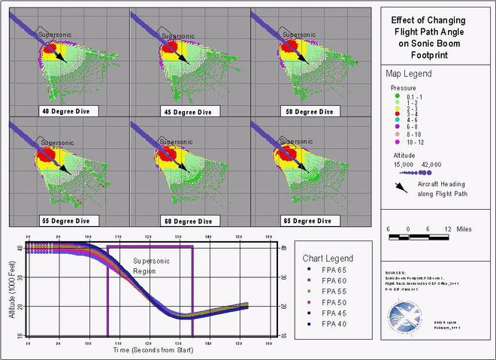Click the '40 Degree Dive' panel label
click(x=69, y=111)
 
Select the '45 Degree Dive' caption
click(x=189, y=111)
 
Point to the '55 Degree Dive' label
click(x=69, y=221)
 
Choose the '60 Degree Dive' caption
click(x=189, y=221)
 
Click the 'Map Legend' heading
click(x=410, y=74)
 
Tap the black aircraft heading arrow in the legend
click(x=401, y=187)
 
